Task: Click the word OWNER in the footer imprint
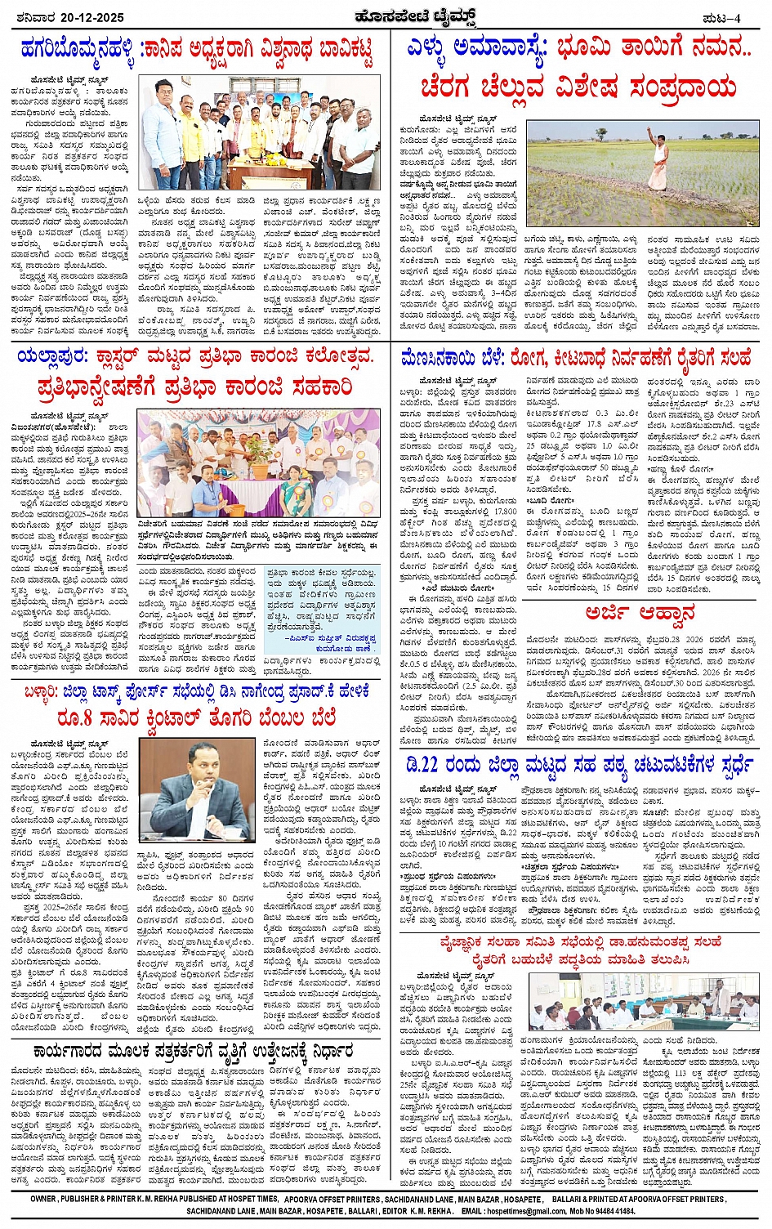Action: pyautogui.click(x=47, y=1199)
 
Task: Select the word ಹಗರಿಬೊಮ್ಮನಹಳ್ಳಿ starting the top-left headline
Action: pyautogui.click(x=78, y=50)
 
